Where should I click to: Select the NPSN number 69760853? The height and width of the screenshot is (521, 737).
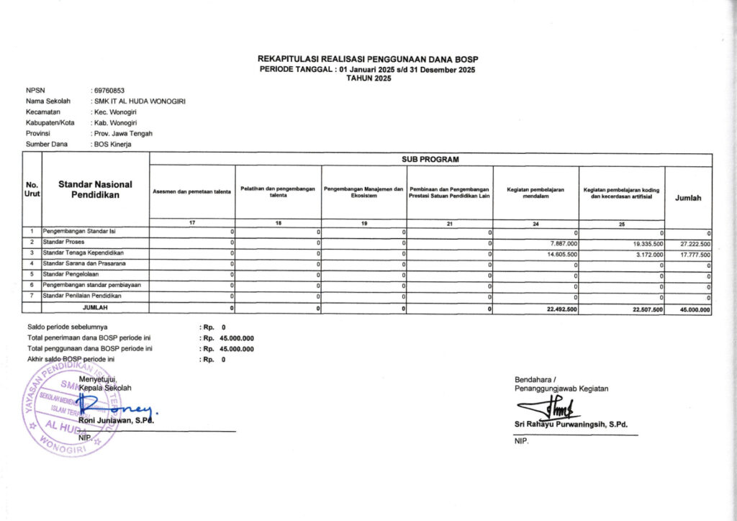[109, 91]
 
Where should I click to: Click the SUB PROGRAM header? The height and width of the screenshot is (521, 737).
[430, 159]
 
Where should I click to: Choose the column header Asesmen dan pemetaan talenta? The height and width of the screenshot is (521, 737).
[192, 191]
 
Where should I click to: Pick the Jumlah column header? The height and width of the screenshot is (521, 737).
[688, 198]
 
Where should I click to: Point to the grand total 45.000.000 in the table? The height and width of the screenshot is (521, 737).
[694, 309]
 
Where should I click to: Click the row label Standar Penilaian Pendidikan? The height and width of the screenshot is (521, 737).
[81, 295]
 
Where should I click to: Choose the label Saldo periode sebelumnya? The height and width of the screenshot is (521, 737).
[68, 327]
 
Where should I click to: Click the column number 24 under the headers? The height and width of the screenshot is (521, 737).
[535, 224]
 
